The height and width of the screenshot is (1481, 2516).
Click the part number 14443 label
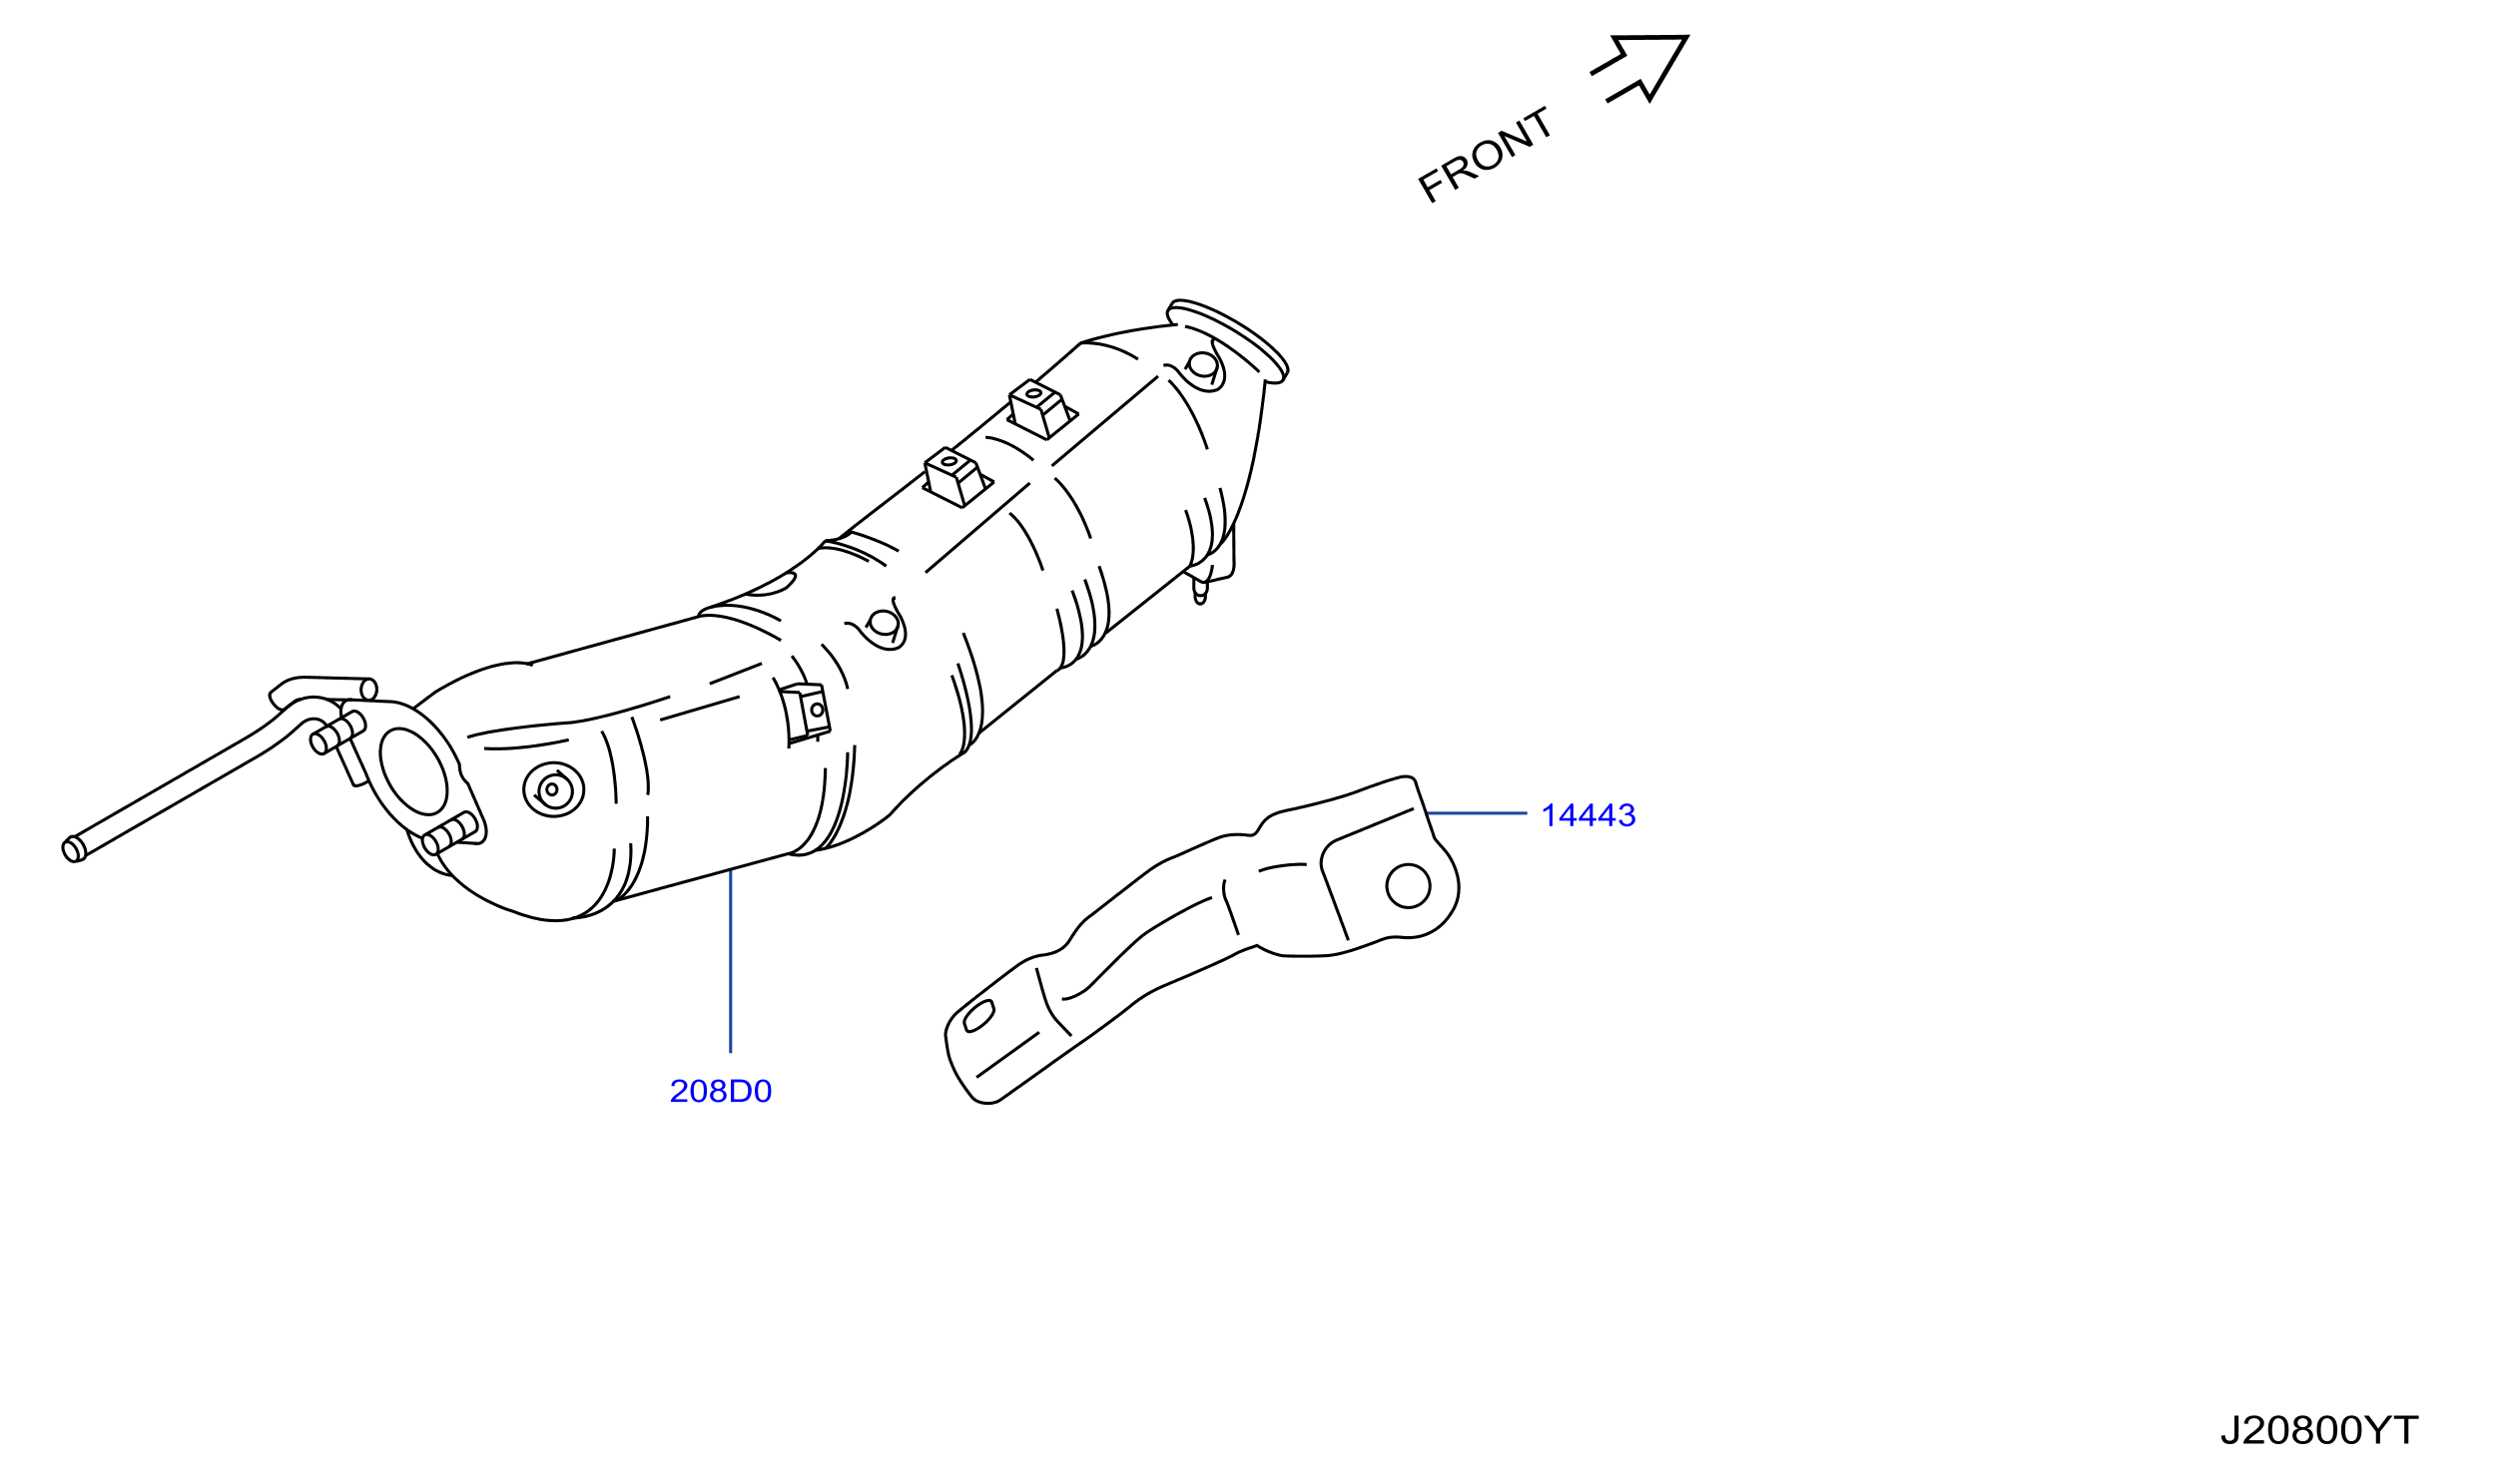1588,815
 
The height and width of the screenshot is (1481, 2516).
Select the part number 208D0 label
721,1091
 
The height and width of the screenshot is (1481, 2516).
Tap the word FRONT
1486,155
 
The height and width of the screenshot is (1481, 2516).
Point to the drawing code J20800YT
2319,1431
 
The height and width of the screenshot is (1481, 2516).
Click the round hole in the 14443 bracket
1408,886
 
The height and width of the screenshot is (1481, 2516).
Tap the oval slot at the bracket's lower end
978,1016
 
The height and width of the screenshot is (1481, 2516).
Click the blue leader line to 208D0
731,961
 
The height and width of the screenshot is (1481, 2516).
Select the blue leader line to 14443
1477,813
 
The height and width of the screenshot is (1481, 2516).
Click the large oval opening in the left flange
413,771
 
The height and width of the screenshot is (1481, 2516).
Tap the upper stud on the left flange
337,733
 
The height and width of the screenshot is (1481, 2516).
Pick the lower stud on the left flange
449,833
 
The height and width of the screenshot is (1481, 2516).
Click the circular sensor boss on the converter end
553,790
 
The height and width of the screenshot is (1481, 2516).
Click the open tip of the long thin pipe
73,849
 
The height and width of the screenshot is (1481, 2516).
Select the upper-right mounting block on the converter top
1042,408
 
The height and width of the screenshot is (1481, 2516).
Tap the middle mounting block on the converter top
957,477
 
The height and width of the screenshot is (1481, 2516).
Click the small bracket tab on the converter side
806,714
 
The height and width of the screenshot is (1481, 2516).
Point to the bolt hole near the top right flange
1203,364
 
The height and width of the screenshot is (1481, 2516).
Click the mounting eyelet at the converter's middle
884,623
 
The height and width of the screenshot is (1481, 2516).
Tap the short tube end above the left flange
368,690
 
